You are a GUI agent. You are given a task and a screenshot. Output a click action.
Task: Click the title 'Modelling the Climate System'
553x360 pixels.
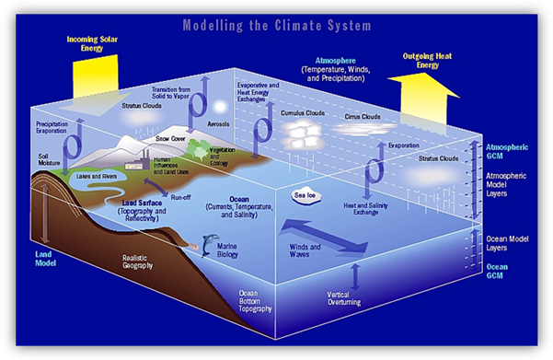[276, 22]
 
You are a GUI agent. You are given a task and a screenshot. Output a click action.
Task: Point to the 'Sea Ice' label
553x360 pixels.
[305, 195]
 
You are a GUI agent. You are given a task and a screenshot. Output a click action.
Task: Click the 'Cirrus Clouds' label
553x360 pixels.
[363, 117]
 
